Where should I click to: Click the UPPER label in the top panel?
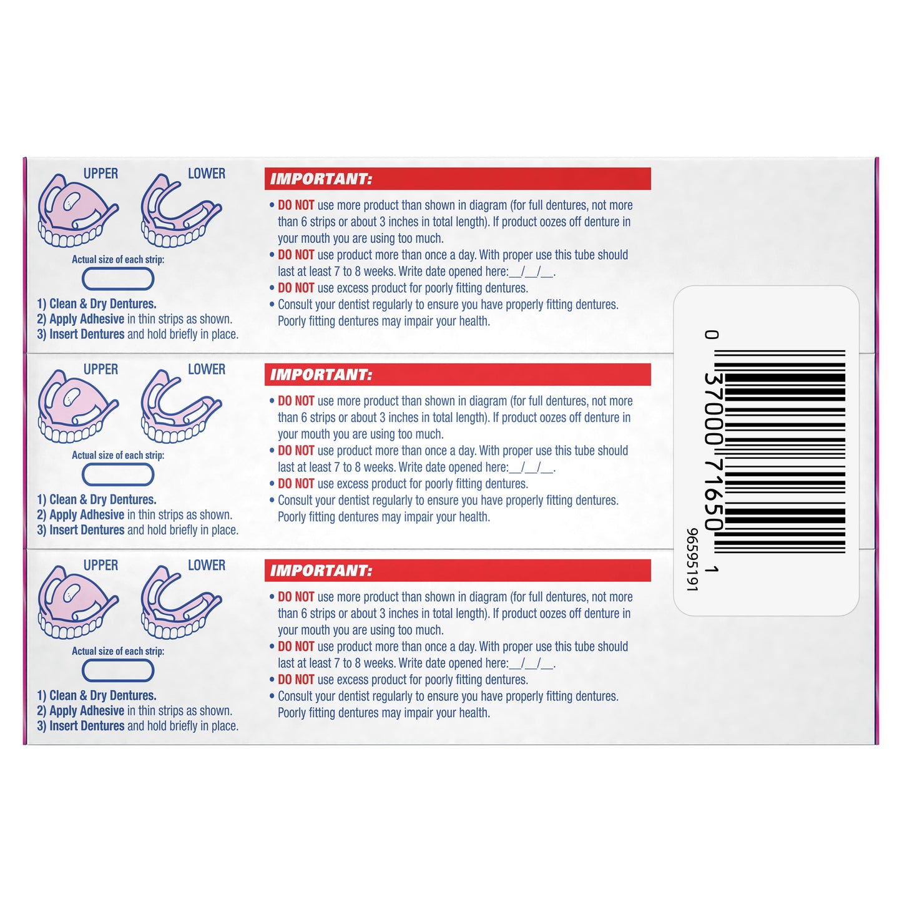100,174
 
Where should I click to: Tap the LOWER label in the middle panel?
207,370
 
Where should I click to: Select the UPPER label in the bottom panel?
100,565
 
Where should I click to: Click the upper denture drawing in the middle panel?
78,406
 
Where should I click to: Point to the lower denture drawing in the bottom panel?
180,602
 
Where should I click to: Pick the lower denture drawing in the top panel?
180,210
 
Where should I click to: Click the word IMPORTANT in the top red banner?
321,179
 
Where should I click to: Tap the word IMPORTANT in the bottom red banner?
321,571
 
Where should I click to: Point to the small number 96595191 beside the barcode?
692,559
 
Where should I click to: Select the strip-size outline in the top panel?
118,279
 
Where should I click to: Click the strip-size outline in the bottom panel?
118,671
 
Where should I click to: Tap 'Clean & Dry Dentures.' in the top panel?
102,304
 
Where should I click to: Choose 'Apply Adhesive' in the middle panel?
87,515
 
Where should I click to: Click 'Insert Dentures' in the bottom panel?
87,726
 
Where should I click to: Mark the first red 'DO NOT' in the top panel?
296,205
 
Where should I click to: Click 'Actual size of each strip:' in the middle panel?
118,455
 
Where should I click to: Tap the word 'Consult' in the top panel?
295,305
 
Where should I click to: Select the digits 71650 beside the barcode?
713,495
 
